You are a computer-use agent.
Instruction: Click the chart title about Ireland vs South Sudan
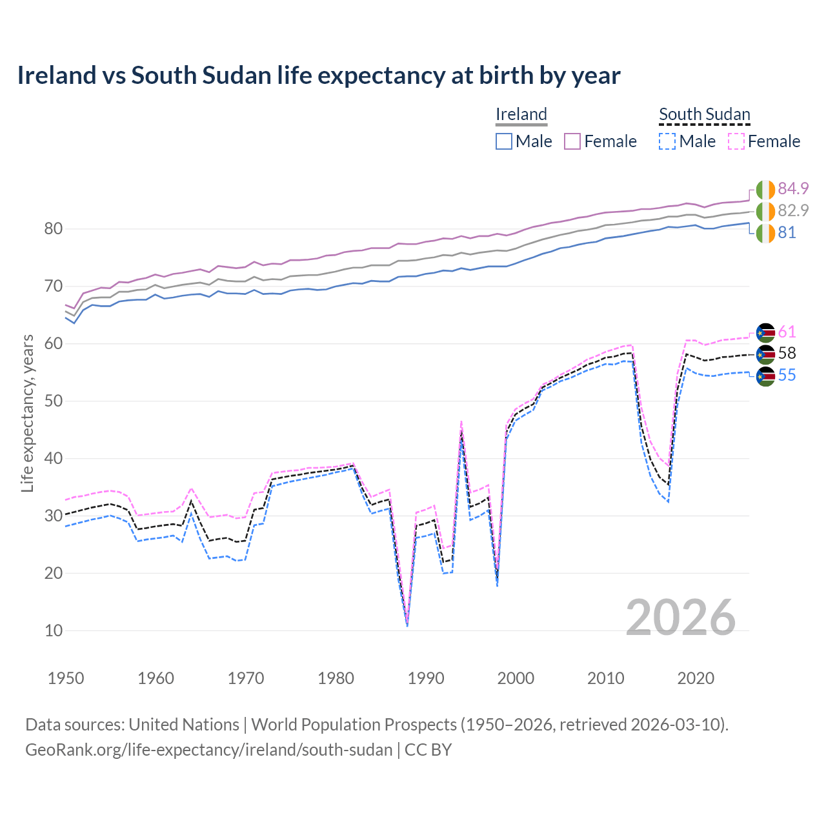tap(319, 76)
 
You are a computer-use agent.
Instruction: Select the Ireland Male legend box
tap(504, 141)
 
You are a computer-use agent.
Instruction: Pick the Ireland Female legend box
tap(572, 141)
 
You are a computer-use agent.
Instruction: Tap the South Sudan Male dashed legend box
tap(667, 141)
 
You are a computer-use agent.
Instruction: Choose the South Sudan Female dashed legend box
tap(736, 141)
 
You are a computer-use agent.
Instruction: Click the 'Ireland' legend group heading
tap(521, 114)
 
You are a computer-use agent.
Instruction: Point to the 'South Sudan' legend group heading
tap(704, 114)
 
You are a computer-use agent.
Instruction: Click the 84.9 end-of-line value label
tap(793, 188)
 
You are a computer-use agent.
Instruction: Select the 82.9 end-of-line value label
tap(793, 210)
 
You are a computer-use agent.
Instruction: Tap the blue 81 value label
tap(787, 233)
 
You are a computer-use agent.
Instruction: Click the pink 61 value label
tap(787, 332)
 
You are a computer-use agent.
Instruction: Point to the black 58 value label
tap(787, 354)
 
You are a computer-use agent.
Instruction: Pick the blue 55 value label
tap(787, 376)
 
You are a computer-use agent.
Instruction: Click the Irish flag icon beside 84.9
tap(765, 190)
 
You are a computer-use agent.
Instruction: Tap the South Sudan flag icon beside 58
tap(765, 354)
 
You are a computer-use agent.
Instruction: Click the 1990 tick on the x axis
tap(426, 678)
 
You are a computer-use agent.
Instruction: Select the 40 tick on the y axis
tap(54, 459)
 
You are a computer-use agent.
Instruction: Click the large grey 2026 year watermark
tap(681, 618)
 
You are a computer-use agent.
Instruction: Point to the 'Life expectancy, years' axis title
tap(27, 413)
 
